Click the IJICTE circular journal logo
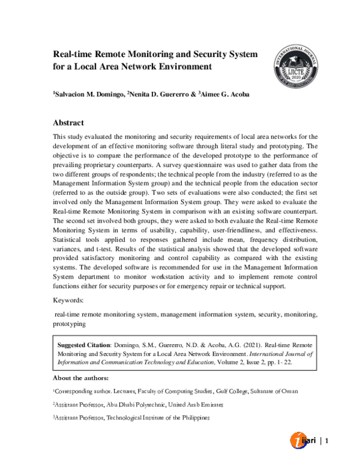point(289,62)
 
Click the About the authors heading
point(81,378)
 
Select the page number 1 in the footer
point(327,441)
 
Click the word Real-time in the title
point(74,54)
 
